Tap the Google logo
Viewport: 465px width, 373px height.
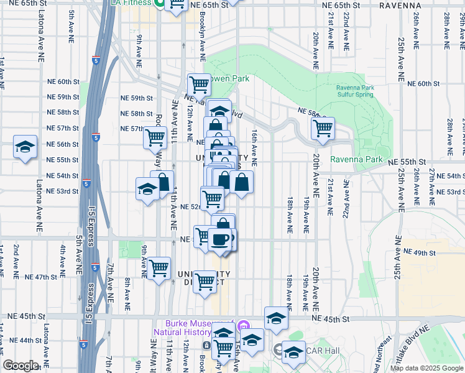(x=21, y=366)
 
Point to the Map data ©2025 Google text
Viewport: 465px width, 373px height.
(x=426, y=368)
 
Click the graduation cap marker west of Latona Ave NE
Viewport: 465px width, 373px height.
(x=24, y=147)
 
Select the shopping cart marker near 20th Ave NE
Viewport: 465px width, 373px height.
(x=323, y=129)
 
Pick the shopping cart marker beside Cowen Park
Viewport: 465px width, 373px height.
(x=199, y=84)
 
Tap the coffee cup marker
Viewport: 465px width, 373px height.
(x=219, y=238)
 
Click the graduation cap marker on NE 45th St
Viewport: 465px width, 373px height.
(x=276, y=318)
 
